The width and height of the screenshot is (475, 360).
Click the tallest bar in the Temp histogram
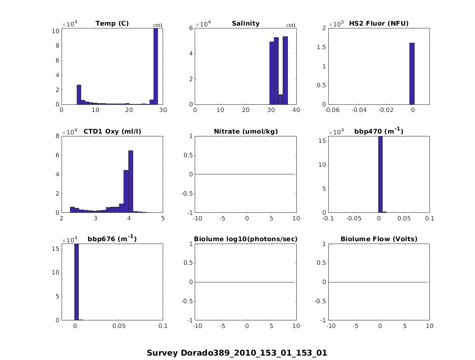click(x=156, y=66)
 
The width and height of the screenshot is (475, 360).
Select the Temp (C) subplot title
click(x=112, y=24)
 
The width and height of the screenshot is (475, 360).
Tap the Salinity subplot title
click(x=245, y=24)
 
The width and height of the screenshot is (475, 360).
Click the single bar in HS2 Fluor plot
click(x=412, y=74)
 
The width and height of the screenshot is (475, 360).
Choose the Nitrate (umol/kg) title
click(x=245, y=131)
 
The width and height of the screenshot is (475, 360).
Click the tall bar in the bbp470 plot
click(x=380, y=174)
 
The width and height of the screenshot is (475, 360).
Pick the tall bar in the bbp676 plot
click(x=76, y=282)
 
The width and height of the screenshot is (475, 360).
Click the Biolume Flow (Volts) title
click(x=379, y=239)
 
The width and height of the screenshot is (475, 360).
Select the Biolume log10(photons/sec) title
click(x=245, y=239)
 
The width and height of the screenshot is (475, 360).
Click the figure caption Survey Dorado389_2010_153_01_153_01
click(x=237, y=353)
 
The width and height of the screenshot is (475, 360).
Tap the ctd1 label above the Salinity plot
click(x=291, y=26)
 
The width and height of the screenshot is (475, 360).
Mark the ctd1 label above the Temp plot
click(x=158, y=26)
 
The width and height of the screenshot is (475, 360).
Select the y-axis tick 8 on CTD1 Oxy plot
click(x=58, y=136)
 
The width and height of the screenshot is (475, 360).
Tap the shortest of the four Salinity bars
click(x=281, y=99)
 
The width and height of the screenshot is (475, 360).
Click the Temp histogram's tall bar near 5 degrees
click(x=79, y=94)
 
